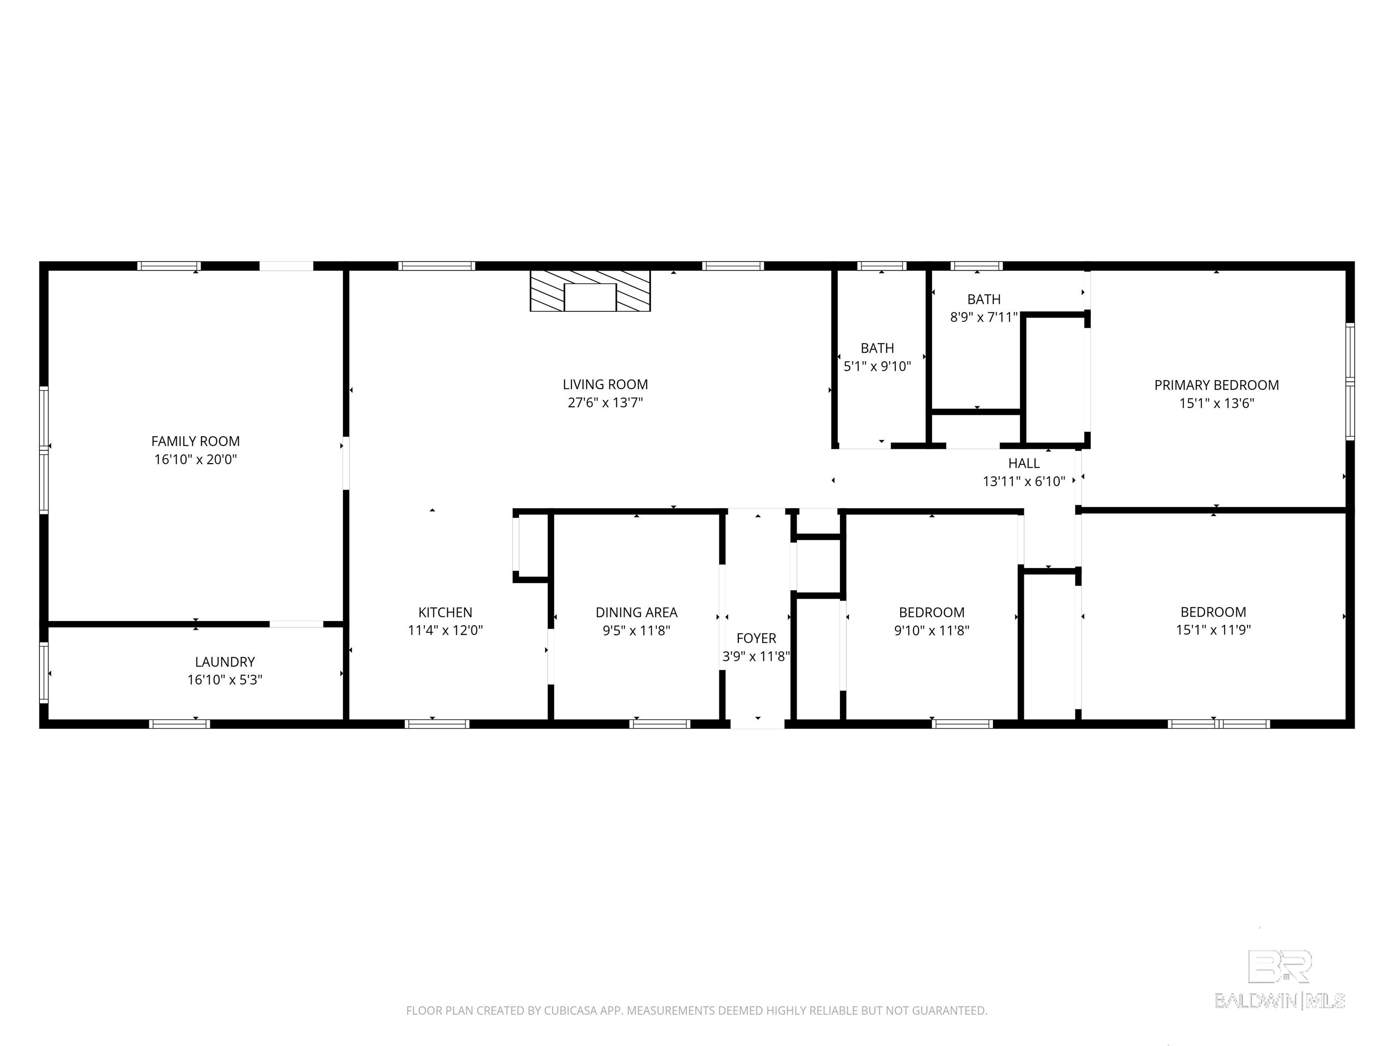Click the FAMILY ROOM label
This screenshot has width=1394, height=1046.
(196, 441)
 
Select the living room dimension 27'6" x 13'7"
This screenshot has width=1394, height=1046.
(605, 403)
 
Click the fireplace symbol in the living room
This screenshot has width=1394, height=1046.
(590, 291)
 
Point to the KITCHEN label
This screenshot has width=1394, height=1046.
(445, 612)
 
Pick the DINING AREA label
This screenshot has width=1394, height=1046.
(637, 612)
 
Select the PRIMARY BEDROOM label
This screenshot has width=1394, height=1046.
(1216, 385)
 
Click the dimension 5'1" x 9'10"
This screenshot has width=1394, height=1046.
(877, 366)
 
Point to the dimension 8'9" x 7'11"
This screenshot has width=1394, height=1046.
(984, 317)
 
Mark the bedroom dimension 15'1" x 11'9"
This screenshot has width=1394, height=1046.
(1213, 630)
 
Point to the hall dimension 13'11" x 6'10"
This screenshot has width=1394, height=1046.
(1023, 482)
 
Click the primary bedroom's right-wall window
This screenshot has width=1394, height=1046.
(1350, 381)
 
